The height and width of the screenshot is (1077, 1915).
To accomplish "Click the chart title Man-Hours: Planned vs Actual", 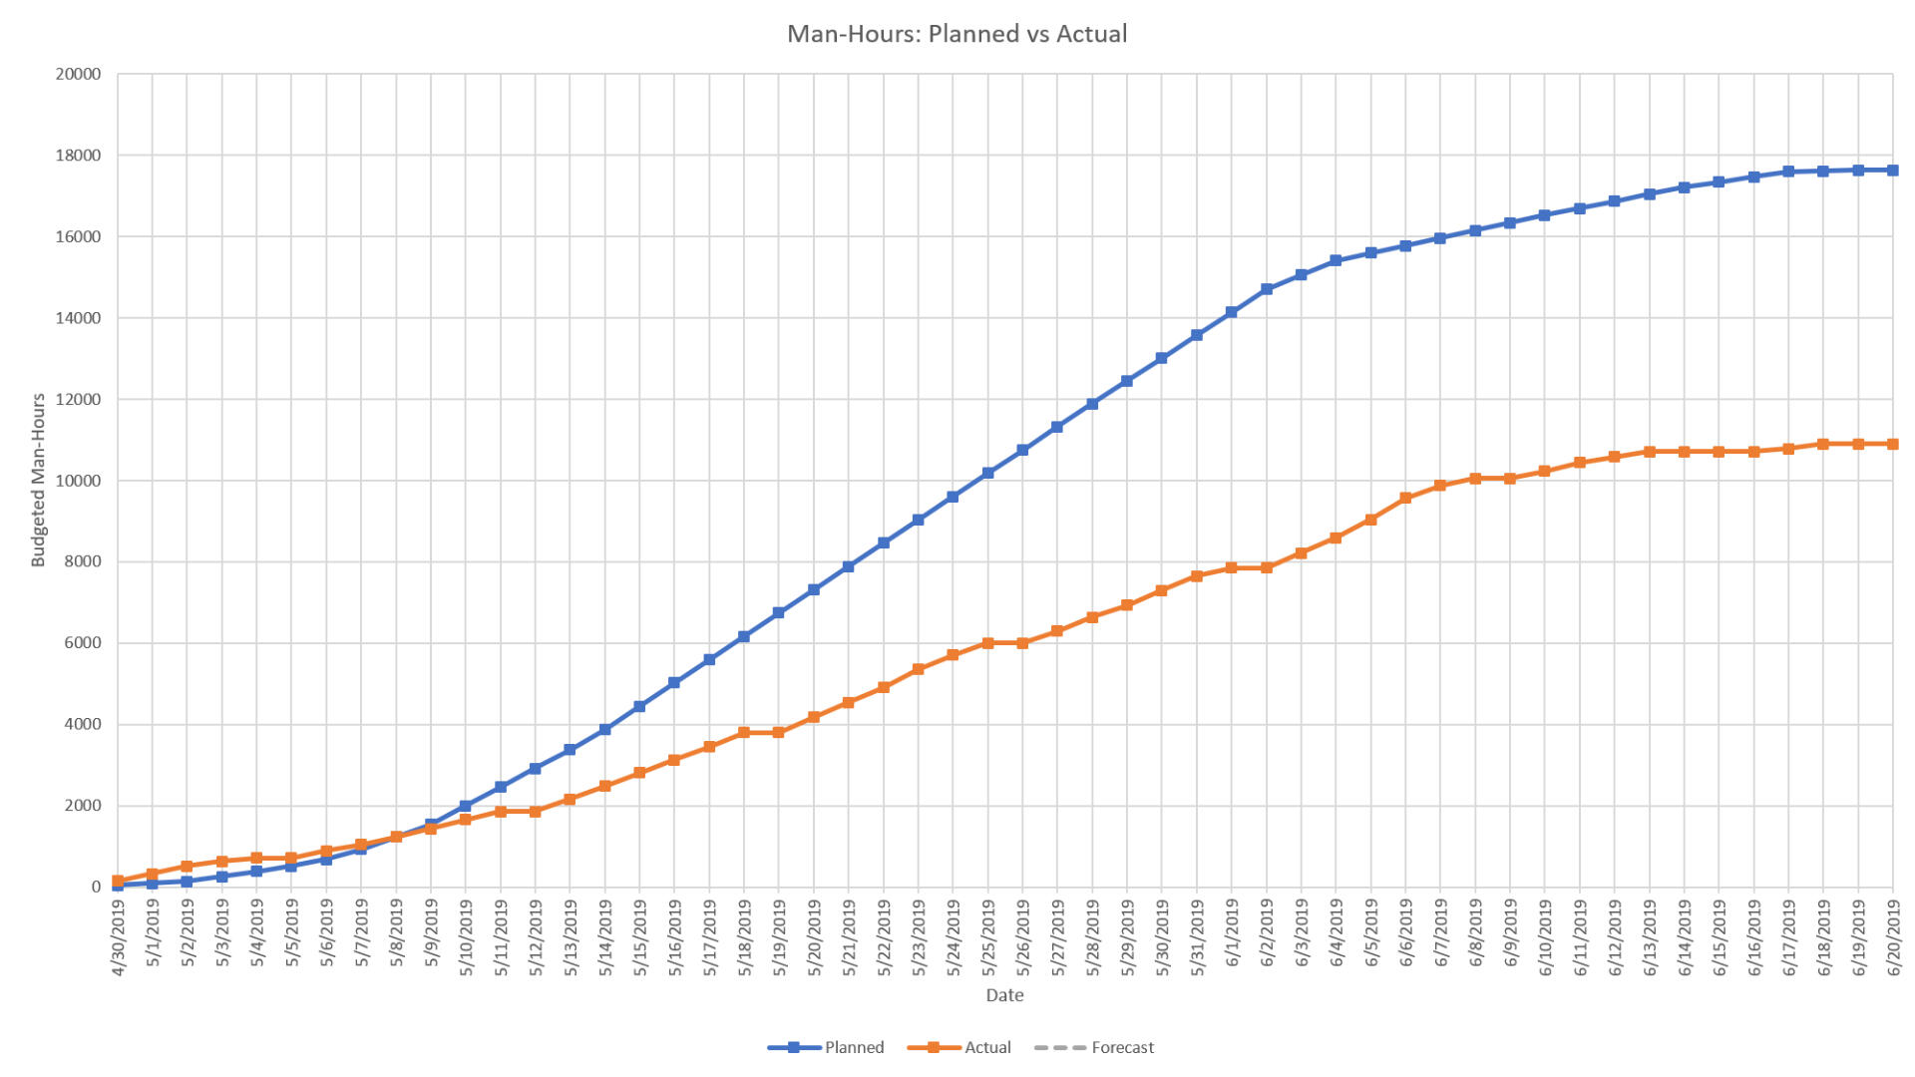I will [x=957, y=34].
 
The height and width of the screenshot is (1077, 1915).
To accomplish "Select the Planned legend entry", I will [x=827, y=1047].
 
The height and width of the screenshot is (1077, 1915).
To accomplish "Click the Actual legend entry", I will [x=960, y=1047].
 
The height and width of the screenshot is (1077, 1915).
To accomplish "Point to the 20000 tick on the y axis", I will [x=78, y=74].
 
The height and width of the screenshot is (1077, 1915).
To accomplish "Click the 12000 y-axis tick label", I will [x=78, y=399].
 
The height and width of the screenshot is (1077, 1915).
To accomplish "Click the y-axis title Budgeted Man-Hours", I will [x=39, y=480].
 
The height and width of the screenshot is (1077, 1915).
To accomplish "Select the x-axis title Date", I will [x=1004, y=995].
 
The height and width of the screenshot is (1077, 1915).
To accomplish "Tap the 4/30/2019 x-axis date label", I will [x=119, y=937].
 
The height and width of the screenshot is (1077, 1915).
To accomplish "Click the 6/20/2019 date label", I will [x=1893, y=937].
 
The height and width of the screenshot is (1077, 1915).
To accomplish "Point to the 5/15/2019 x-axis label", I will [x=640, y=937].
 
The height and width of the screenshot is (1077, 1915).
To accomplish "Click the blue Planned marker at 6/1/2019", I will [x=1232, y=312].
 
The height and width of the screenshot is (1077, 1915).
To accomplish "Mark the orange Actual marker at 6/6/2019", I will [x=1405, y=498].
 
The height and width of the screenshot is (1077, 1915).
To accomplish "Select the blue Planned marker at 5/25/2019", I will [x=987, y=473].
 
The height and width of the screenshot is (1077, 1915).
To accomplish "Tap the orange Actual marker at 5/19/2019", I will [x=779, y=732].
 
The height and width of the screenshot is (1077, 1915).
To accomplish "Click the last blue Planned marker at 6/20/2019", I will [x=1892, y=171].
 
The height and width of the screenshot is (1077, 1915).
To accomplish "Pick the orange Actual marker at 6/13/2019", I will [x=1649, y=452].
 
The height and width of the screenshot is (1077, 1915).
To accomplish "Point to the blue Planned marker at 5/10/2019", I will [x=466, y=806].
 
